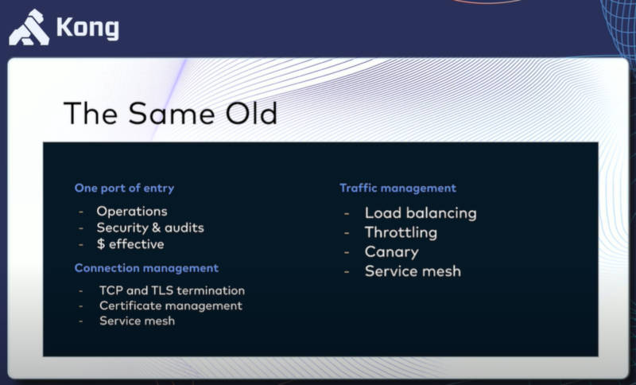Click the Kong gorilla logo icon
(29, 27)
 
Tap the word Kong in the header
(87, 29)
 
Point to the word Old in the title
(251, 113)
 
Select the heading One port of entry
(124, 189)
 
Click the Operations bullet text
(132, 212)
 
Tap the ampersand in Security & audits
(155, 228)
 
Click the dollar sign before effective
(101, 244)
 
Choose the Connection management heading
(146, 268)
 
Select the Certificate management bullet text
(171, 305)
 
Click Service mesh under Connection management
(137, 321)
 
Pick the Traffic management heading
(398, 189)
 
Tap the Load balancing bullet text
(421, 213)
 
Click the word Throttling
(401, 233)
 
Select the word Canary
(391, 252)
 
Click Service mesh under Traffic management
(413, 271)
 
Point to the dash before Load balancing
(347, 213)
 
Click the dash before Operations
(81, 212)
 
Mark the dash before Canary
(347, 252)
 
